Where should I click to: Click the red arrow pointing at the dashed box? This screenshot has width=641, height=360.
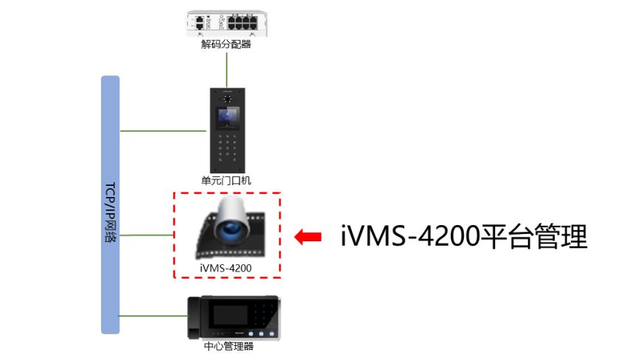coord(308,237)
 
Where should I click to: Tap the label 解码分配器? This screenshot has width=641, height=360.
coord(226,44)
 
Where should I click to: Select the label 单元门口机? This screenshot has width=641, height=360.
coord(226,180)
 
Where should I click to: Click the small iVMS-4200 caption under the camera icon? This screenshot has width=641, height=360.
coord(226,268)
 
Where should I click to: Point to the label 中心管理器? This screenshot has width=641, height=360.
coord(229,346)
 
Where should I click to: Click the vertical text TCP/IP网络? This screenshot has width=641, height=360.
coord(111,212)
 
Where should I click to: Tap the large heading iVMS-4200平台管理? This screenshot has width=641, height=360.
coord(464,236)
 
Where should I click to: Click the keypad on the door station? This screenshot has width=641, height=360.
coord(227,148)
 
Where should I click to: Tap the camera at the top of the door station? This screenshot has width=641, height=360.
coord(227,98)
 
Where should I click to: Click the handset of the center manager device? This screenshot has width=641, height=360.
coord(194,317)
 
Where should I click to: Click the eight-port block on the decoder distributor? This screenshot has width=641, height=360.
coord(243,22)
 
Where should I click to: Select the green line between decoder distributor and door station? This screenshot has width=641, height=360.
coord(226,70)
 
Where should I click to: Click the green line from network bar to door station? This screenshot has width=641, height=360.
coord(163,131)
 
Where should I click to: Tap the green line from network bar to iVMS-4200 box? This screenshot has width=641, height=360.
coord(147,235)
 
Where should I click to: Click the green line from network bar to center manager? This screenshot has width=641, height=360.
coord(153,316)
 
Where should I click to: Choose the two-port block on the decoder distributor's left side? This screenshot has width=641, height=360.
coord(199,22)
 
